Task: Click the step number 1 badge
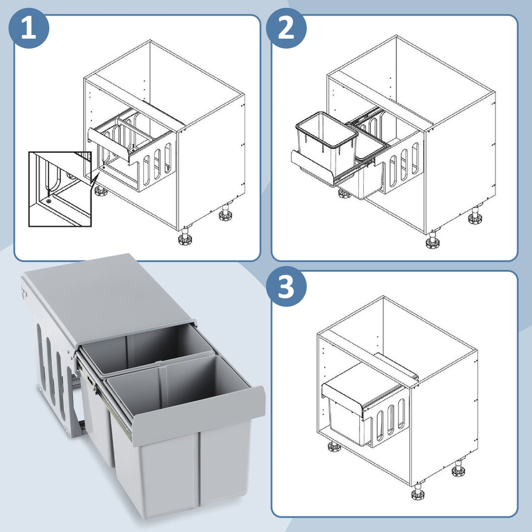click(29, 28)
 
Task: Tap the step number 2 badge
click(286, 28)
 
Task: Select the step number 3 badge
click(286, 286)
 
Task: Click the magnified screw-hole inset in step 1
click(60, 189)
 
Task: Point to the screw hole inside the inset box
click(50, 201)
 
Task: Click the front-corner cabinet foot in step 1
click(185, 236)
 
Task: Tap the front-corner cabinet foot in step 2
click(432, 240)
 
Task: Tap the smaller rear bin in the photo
click(142, 373)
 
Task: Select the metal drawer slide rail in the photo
click(103, 400)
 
